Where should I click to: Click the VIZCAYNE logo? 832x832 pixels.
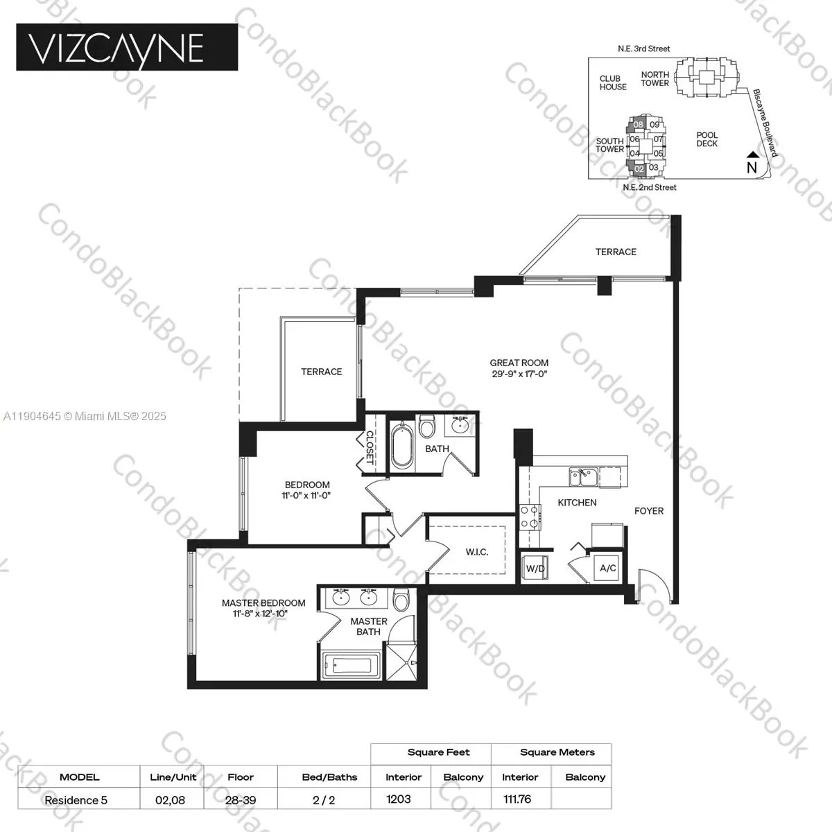point(127,47)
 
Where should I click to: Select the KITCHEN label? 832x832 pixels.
point(577,503)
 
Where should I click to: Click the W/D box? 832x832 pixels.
point(535,569)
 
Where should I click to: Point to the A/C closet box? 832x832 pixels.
point(608,569)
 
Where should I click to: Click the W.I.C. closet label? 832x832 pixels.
point(477,552)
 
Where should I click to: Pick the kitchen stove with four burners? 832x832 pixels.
point(530,517)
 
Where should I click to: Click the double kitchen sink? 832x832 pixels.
point(583,476)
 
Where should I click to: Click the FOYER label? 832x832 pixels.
point(649,511)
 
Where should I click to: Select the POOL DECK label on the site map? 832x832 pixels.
point(707,139)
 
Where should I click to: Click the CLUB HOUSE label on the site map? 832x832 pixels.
point(613,83)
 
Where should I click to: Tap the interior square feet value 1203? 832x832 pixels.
point(399,799)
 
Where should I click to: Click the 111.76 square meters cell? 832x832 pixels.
point(517,799)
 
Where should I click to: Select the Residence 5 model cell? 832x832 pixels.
point(76,799)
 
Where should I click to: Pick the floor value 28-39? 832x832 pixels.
point(241,799)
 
